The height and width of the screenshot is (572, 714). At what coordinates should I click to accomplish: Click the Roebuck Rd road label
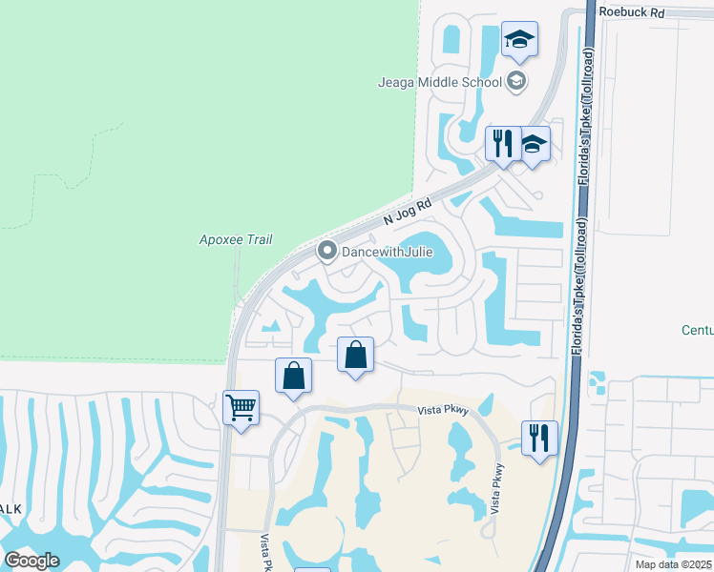631,11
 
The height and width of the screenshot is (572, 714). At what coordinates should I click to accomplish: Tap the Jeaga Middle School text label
439,82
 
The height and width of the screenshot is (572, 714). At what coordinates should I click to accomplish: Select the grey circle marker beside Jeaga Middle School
516,81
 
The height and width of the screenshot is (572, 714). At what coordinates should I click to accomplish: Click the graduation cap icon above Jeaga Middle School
519,40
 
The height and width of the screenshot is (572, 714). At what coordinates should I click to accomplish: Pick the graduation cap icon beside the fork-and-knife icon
534,144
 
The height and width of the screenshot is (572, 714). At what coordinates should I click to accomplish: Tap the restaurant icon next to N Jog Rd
501,144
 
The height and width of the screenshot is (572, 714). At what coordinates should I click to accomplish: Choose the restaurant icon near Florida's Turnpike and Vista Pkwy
539,439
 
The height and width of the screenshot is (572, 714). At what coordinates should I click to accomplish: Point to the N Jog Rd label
409,213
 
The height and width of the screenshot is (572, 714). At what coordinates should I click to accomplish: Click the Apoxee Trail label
228,239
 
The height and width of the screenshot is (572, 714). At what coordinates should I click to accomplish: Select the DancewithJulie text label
388,252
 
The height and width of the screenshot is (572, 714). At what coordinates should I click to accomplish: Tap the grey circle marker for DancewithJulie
326,252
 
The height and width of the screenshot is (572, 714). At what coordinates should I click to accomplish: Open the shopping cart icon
241,408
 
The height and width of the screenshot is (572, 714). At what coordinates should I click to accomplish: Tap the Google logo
31,561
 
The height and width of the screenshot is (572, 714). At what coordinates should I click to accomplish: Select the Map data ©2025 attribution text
673,564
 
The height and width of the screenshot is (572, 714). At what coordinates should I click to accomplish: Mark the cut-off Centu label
697,330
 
